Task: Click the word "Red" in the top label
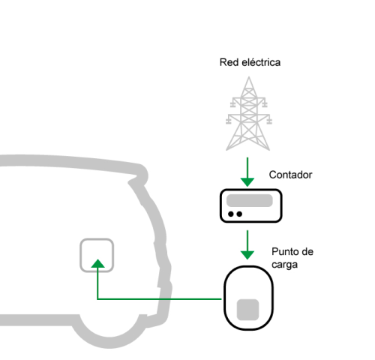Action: [x=227, y=62]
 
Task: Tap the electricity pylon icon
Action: [x=248, y=114]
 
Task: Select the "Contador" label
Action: [x=290, y=175]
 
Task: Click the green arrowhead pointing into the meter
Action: [x=247, y=181]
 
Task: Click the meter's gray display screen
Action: [x=250, y=200]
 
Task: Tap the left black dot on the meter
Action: [x=231, y=214]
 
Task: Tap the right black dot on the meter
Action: [x=239, y=214]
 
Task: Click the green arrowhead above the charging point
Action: [x=247, y=255]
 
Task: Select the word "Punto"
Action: [x=283, y=251]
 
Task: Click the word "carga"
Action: [x=284, y=265]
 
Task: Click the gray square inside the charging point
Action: [x=247, y=310]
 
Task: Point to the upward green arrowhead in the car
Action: [x=97, y=263]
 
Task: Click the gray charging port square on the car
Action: [x=80, y=255]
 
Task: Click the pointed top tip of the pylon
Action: [x=249, y=76]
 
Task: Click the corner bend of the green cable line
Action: [x=97, y=299]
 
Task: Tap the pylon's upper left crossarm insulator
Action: [x=232, y=104]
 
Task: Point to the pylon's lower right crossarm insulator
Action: [x=269, y=121]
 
